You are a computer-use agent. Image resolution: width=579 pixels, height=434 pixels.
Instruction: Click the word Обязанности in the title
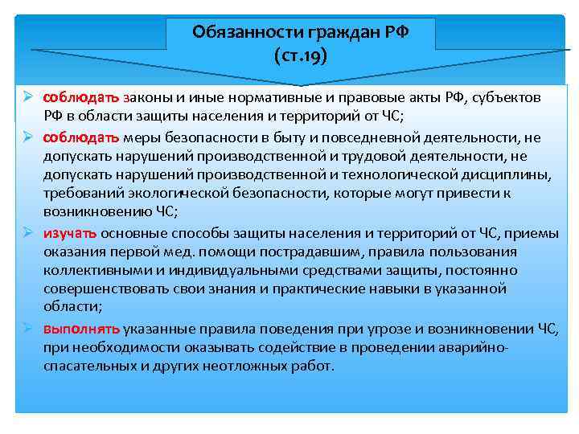(233, 33)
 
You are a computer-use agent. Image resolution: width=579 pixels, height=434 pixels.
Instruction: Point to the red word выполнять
(81, 329)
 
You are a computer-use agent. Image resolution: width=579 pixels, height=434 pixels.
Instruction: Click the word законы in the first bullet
(147, 97)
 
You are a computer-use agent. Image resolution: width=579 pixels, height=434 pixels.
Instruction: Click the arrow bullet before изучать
(27, 234)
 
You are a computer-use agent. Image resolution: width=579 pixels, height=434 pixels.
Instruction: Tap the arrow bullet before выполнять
(27, 329)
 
